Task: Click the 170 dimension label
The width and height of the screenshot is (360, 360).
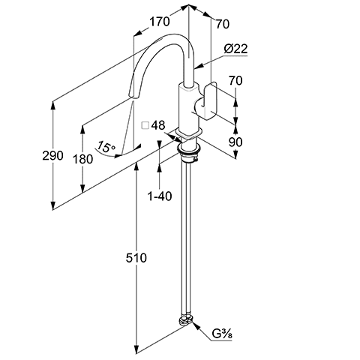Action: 160,21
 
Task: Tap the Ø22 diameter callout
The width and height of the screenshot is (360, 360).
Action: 235,49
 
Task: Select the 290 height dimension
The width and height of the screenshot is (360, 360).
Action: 52,155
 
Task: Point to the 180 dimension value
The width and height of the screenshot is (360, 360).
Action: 82,159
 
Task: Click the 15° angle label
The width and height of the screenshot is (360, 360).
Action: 106,147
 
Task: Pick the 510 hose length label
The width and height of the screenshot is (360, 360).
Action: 136,258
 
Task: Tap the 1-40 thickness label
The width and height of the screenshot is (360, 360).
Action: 160,196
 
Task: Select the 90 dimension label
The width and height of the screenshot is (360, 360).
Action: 235,142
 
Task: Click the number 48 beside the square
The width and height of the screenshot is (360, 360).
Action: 158,125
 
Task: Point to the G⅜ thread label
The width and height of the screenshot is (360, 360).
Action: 222,334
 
